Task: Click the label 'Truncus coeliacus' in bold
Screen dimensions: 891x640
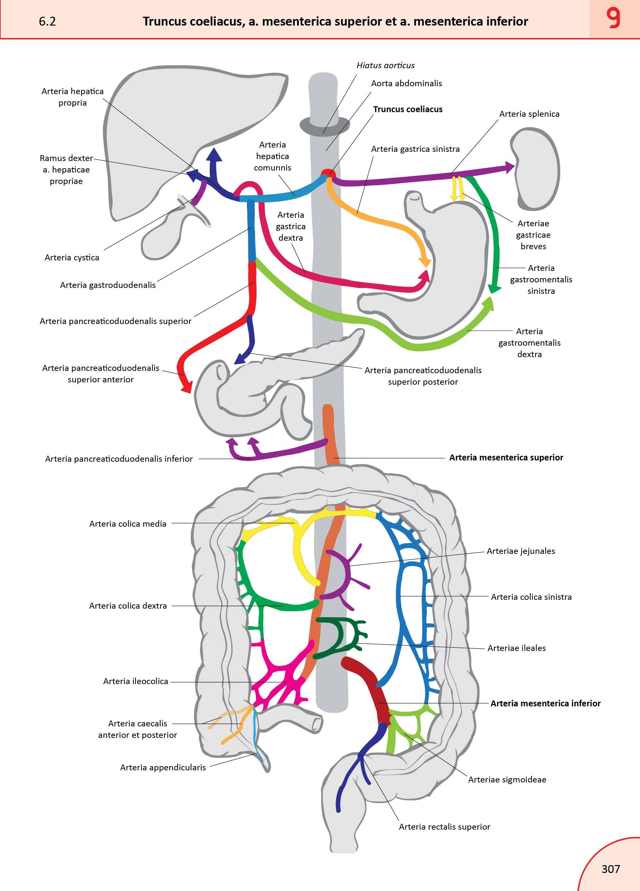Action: [x=408, y=109]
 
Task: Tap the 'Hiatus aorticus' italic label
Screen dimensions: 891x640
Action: [x=385, y=65]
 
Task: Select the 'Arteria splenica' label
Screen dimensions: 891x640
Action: [x=529, y=114]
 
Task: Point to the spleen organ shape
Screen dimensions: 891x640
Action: [x=537, y=169]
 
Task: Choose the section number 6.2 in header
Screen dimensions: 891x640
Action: [x=47, y=21]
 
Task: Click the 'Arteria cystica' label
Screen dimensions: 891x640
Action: [x=72, y=258]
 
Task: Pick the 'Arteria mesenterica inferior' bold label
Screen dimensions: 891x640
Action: [x=545, y=703]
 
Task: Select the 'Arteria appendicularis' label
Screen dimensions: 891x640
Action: [x=163, y=767]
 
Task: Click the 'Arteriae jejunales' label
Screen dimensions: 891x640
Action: [x=520, y=551]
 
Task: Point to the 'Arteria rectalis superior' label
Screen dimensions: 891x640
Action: [x=445, y=827]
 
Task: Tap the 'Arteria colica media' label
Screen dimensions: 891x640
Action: [x=128, y=524]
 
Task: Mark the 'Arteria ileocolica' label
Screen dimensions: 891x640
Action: [x=136, y=681]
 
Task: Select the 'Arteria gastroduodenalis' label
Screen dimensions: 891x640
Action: [x=108, y=285]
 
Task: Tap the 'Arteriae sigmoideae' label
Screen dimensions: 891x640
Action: [x=507, y=780]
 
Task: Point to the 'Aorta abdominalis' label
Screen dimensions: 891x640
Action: [x=406, y=83]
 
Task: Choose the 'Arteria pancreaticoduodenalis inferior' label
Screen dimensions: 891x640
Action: [x=119, y=459]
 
